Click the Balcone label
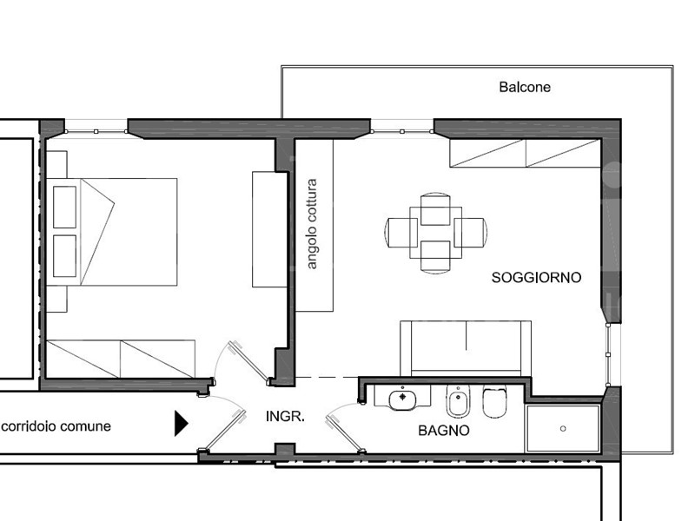(525, 87)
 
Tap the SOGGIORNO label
(536, 277)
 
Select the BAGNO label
(444, 430)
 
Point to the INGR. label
(285, 416)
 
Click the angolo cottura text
(312, 224)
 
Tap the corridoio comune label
(56, 426)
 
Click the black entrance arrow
(182, 424)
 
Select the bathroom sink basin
(402, 399)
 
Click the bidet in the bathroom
(458, 402)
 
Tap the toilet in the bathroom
(494, 402)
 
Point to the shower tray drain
(563, 428)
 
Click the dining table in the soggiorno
(436, 233)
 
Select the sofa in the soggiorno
(466, 349)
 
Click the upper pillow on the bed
(64, 207)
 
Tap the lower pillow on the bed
(64, 256)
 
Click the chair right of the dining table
(471, 233)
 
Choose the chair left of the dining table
(401, 233)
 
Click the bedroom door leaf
(249, 363)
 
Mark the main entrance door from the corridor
(223, 430)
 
